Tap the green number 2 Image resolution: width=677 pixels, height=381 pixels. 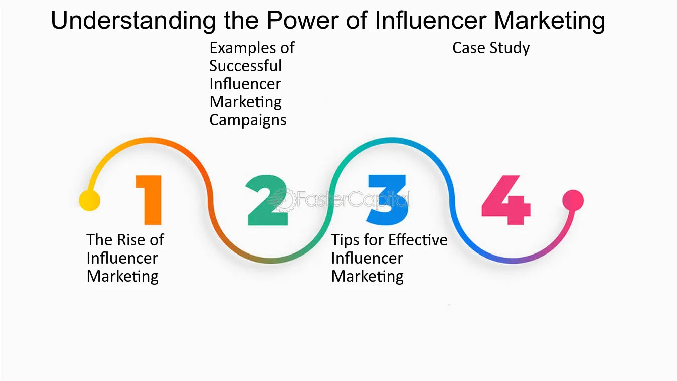267,200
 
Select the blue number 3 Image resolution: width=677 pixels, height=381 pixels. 387,200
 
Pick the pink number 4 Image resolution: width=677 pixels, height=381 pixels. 506,200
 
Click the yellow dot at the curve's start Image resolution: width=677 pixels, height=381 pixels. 89,200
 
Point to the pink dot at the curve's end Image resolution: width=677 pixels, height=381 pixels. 573,200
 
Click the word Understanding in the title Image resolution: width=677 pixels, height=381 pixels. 133,21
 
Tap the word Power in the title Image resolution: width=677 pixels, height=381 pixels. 302,20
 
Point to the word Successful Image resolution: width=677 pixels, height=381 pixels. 245,66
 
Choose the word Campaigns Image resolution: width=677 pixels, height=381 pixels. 248,121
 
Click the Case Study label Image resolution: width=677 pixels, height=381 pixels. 491,48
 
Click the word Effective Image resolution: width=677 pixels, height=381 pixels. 418,240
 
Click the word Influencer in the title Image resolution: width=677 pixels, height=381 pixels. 430,20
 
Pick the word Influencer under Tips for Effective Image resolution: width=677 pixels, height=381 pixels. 367,258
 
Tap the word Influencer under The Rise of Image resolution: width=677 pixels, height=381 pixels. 122,258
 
